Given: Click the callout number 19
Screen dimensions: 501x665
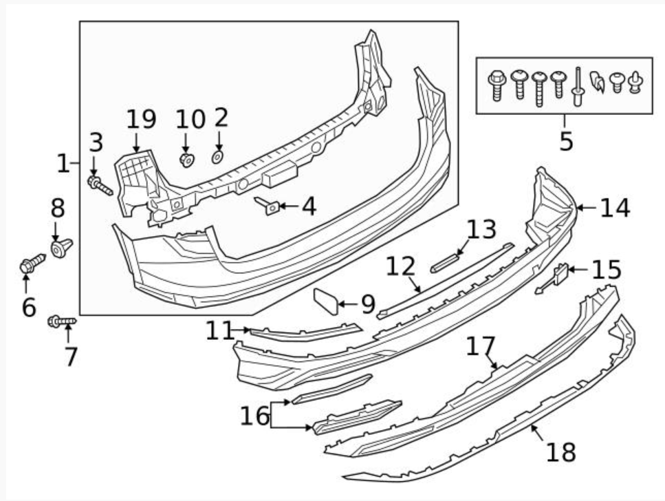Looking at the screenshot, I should [141, 120].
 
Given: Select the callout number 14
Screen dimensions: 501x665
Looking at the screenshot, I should [614, 208].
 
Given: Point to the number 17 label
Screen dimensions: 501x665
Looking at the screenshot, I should [481, 346].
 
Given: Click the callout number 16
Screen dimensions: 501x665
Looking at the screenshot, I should [255, 416].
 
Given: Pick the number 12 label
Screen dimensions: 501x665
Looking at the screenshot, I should [402, 266].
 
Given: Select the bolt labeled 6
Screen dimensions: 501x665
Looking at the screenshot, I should [32, 263].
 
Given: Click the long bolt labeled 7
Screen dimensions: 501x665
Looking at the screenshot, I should [61, 321].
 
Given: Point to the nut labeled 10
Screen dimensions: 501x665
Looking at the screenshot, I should [186, 160].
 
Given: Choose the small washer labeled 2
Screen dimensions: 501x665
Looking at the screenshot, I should [217, 158].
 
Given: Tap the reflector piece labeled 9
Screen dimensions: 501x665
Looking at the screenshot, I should [327, 301].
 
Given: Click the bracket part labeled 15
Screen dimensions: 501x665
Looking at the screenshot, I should [556, 277].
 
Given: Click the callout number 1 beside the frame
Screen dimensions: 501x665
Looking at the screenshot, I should [63, 164].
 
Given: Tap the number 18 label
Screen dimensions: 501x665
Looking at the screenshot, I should [560, 452].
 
